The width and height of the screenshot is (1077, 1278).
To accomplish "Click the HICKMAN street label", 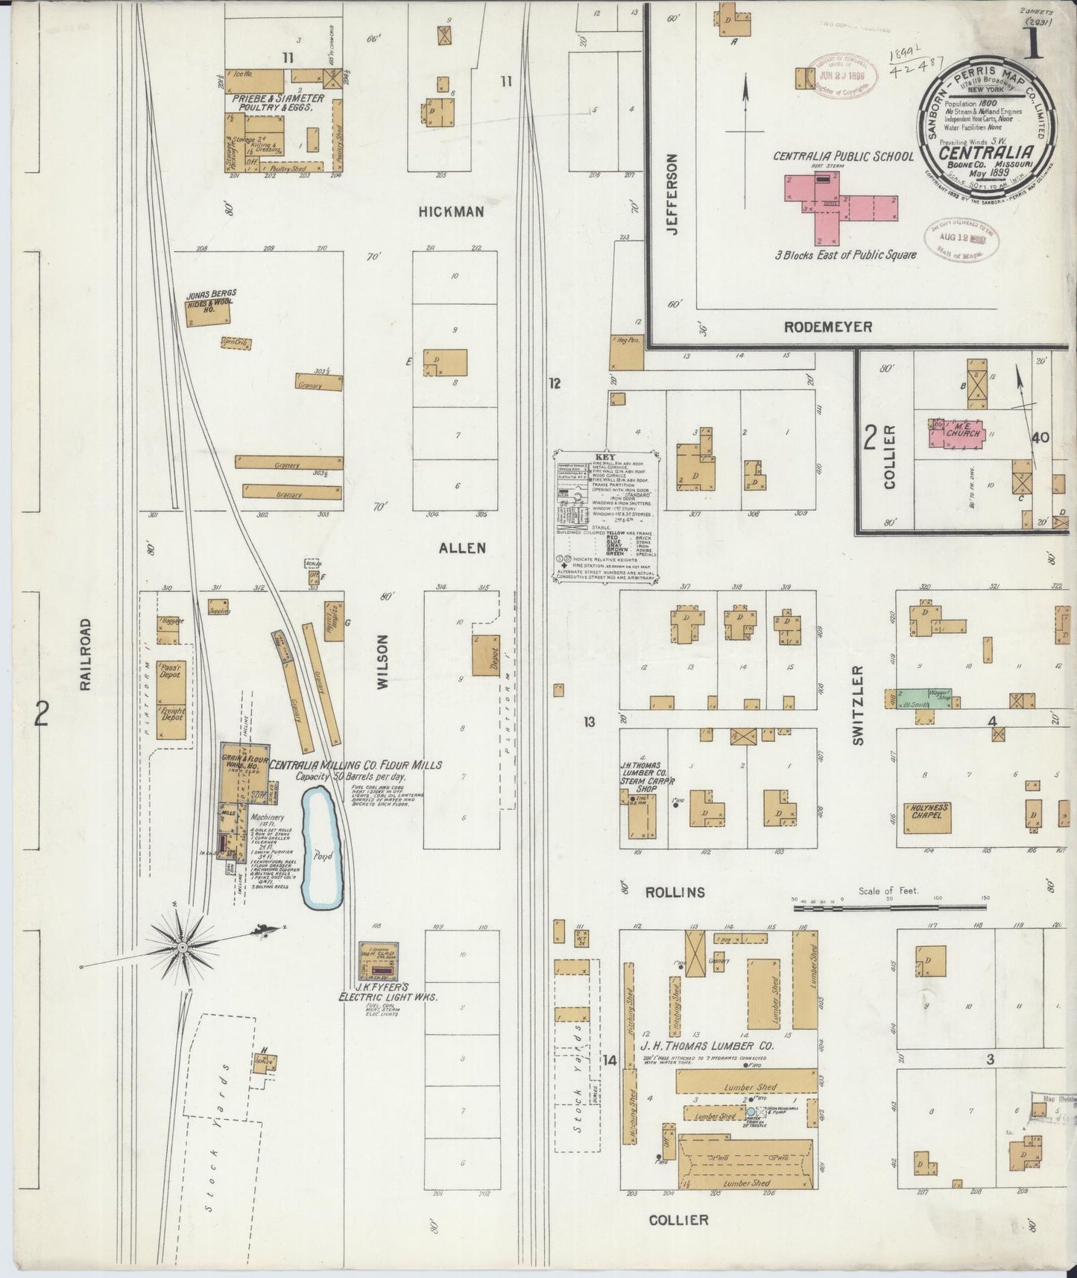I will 451,212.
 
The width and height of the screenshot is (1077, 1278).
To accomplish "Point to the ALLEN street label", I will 462,548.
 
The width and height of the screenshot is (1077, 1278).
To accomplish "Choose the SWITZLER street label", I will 857,705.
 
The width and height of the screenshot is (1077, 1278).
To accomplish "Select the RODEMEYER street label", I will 827,327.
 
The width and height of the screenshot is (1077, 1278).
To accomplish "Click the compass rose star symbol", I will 181,948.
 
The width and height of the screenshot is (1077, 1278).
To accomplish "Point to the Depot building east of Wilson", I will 486,655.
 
